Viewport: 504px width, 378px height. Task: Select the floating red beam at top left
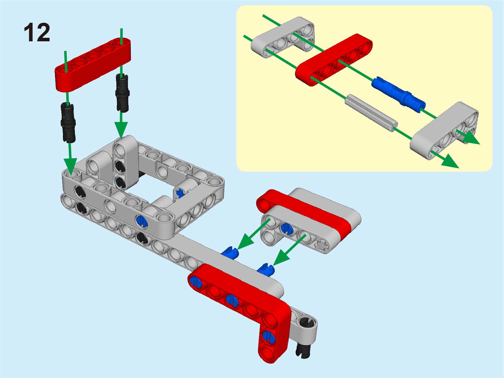click(93, 65)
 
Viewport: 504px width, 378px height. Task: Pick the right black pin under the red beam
click(122, 93)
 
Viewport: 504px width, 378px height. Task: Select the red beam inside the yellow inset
click(334, 60)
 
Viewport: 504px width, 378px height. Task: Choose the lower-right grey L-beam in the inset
click(444, 130)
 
